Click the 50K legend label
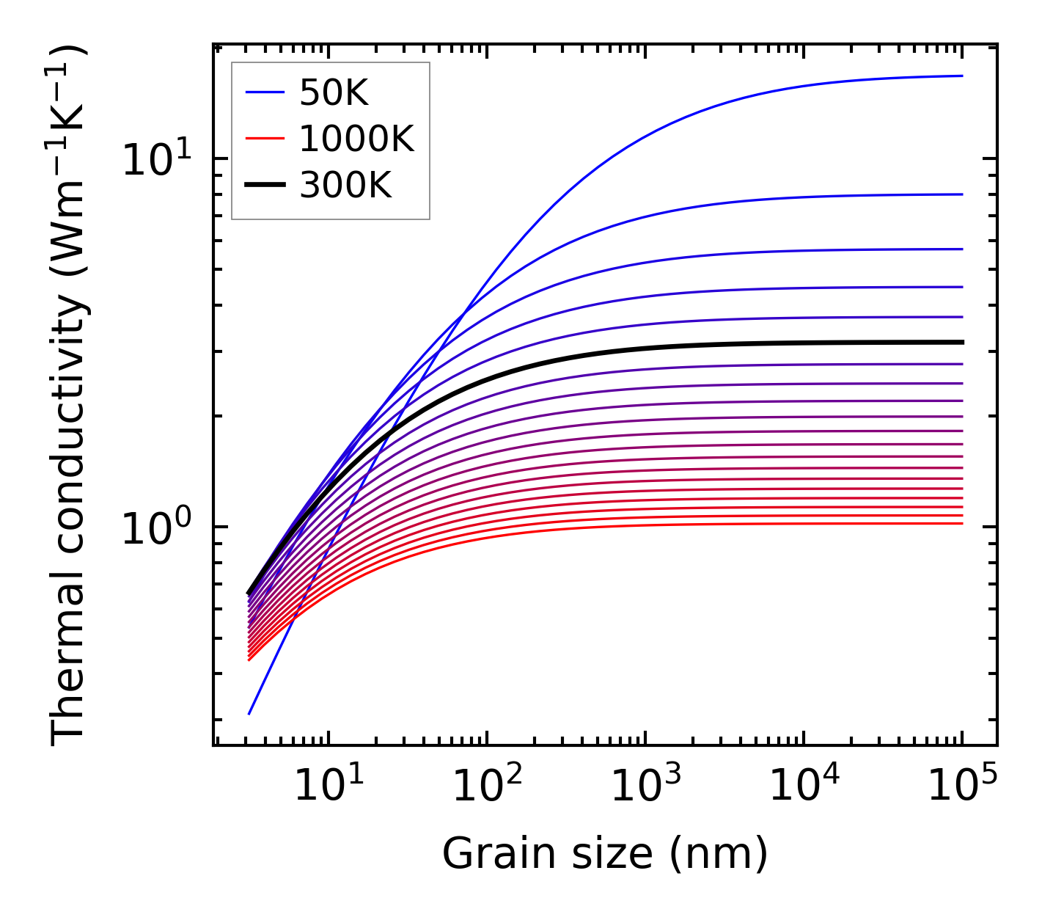pos(334,93)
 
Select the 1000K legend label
pos(356,139)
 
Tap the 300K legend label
pos(345,186)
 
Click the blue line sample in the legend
pos(264,92)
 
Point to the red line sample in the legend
pos(264,139)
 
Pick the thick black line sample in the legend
pos(264,186)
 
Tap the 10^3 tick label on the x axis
pos(645,787)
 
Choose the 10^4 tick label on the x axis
pos(803,787)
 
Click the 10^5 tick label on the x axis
pos(961,787)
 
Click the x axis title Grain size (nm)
pos(605,854)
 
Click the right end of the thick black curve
pos(962,342)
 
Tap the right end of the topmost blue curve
pos(962,76)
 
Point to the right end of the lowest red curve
pos(962,523)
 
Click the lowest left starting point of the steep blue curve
pos(249,714)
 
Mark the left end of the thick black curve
pos(249,593)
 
